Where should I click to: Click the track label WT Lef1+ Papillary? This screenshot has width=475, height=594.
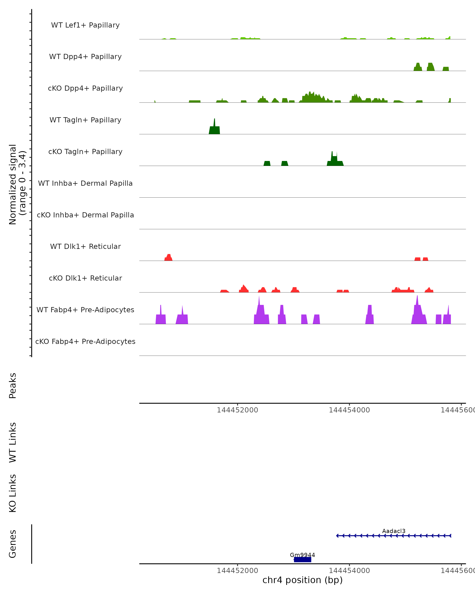click(85, 25)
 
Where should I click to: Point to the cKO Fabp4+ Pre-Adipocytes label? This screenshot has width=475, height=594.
click(85, 341)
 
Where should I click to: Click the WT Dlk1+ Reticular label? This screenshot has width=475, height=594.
click(85, 247)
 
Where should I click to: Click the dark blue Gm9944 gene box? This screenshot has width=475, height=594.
click(302, 560)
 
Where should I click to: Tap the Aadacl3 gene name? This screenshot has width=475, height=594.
click(394, 531)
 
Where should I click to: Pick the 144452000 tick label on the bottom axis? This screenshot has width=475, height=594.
click(237, 571)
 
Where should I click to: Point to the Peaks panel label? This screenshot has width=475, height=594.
click(13, 386)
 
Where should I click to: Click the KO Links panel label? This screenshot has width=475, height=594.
click(13, 493)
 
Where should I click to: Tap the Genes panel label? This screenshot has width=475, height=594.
click(13, 544)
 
